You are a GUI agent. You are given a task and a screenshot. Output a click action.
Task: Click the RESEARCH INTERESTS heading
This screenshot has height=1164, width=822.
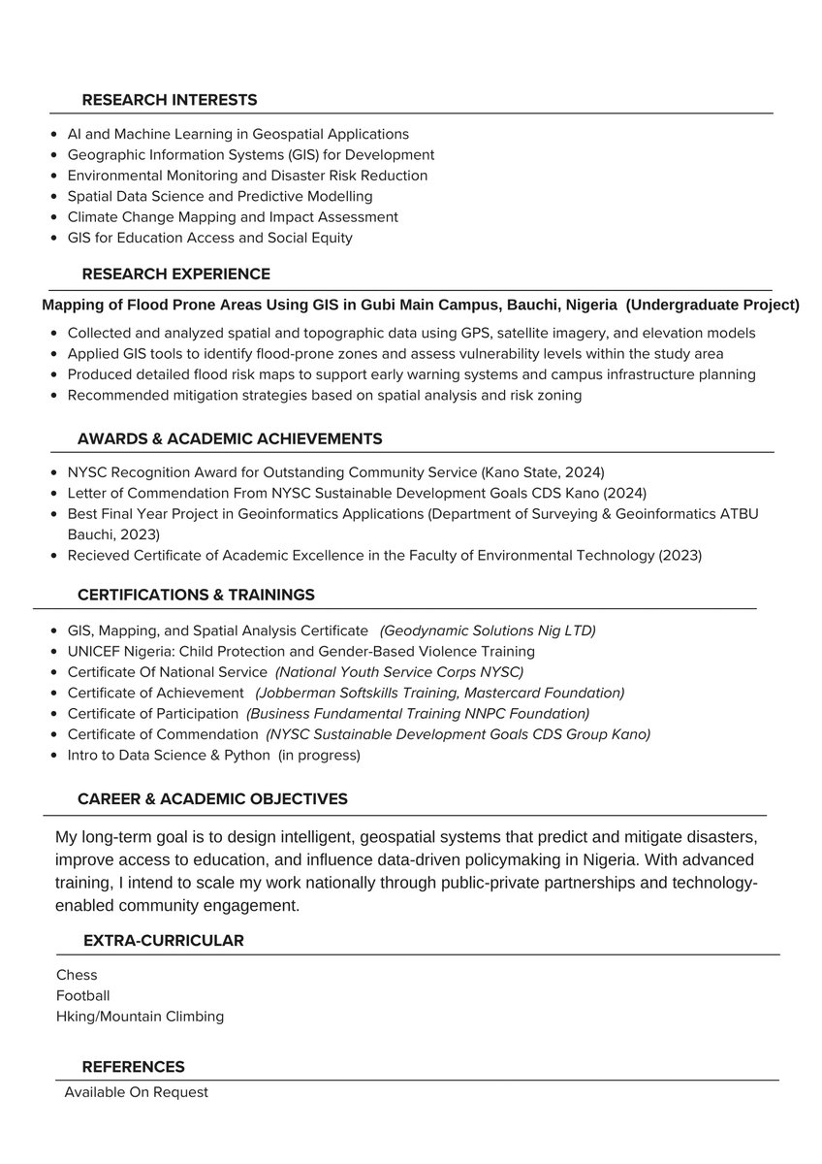170,100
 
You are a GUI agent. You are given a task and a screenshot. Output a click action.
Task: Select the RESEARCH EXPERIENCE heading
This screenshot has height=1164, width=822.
175,274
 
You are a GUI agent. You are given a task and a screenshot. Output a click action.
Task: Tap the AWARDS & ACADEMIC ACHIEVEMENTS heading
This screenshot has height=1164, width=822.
230,438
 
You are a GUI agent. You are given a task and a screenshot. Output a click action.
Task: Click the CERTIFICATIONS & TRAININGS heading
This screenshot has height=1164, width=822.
196,594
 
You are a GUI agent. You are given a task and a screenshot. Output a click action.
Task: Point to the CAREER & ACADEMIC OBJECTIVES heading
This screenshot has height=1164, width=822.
212,798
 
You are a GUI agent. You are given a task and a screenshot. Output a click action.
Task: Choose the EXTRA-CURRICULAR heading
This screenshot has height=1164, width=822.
163,940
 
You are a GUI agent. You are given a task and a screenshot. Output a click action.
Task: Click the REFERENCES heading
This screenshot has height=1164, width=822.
133,1067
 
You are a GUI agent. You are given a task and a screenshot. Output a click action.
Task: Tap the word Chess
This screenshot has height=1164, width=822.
77,975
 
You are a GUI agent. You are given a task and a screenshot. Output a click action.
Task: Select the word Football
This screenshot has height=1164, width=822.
82,995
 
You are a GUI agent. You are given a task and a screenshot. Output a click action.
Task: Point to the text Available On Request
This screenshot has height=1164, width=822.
136,1092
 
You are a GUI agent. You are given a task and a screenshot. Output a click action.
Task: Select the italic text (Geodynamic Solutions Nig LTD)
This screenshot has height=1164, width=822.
488,630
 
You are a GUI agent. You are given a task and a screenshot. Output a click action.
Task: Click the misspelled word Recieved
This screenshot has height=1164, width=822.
98,555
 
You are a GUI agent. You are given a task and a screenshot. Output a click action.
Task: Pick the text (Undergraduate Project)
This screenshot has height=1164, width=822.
712,305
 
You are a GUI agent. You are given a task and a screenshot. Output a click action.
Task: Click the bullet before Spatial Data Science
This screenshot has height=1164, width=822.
52,197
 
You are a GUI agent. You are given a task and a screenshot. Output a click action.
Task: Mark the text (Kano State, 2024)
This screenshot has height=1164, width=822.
542,472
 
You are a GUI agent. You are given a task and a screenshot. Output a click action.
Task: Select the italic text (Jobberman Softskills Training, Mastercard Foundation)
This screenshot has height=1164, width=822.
440,693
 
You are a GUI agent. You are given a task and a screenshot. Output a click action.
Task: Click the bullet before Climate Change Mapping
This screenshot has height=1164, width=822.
52,217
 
